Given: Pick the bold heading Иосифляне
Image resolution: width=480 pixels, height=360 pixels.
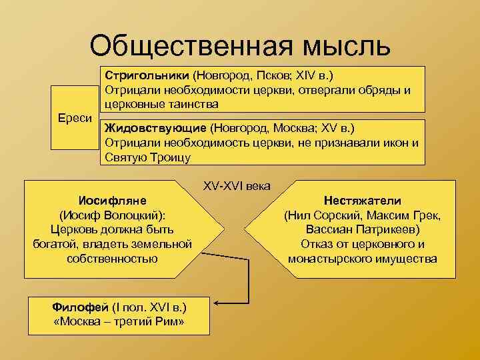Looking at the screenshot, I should (x=112, y=201).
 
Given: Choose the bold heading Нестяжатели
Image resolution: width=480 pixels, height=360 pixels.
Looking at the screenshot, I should (x=363, y=201).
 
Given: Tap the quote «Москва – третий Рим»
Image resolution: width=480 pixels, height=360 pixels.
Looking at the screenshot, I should (x=119, y=323).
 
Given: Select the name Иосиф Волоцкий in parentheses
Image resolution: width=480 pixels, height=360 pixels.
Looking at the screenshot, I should (x=112, y=215).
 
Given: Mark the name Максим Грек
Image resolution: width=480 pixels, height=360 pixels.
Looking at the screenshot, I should (x=411, y=215).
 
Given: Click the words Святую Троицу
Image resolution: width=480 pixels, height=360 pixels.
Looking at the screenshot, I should (x=147, y=157).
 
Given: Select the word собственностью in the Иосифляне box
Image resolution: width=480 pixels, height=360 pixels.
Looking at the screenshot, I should (x=112, y=258).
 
